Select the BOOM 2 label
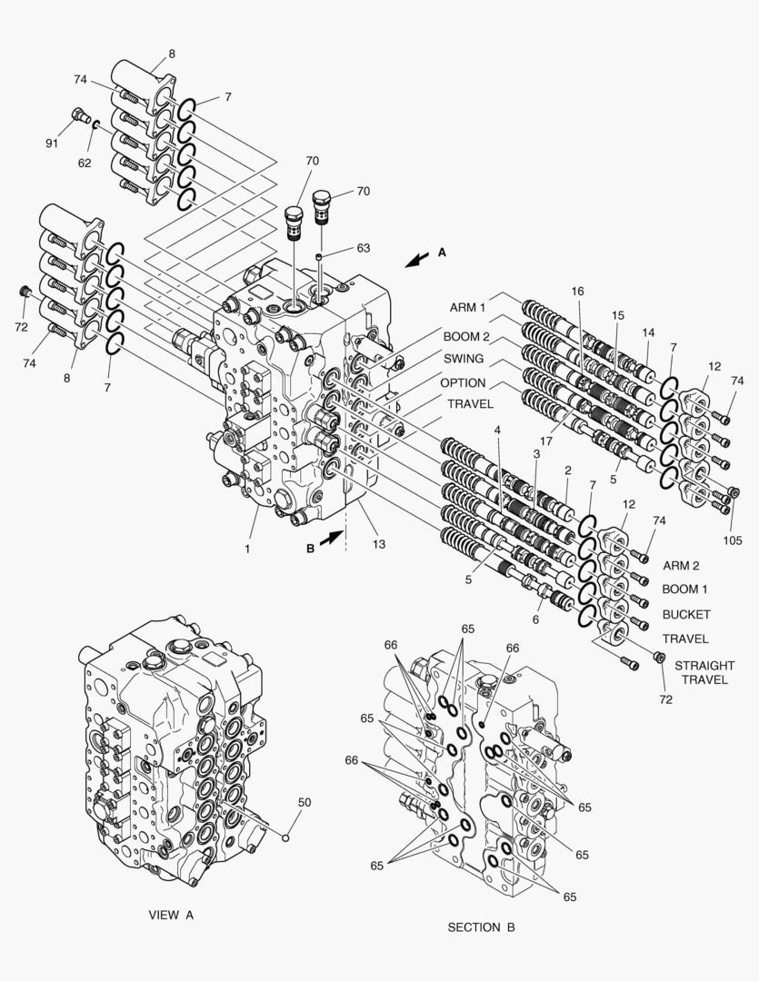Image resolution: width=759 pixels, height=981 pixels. pos(466,337)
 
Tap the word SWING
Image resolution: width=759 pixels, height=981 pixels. pos(464,359)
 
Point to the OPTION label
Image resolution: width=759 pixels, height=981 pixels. pos(464,382)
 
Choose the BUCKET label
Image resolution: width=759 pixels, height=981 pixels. pos(686,614)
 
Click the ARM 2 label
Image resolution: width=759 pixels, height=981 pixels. pos(681,565)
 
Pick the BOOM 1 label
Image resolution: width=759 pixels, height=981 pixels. pos(685,589)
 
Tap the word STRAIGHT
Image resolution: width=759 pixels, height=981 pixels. pos(705,666)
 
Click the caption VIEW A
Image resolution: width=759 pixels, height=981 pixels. pos(171,915)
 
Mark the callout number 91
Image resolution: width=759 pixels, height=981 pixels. pos(52,144)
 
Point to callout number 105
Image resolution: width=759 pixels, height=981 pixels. pos(734,539)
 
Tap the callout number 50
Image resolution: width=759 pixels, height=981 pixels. pos(305,802)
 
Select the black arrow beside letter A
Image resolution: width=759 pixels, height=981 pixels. pos(418,260)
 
